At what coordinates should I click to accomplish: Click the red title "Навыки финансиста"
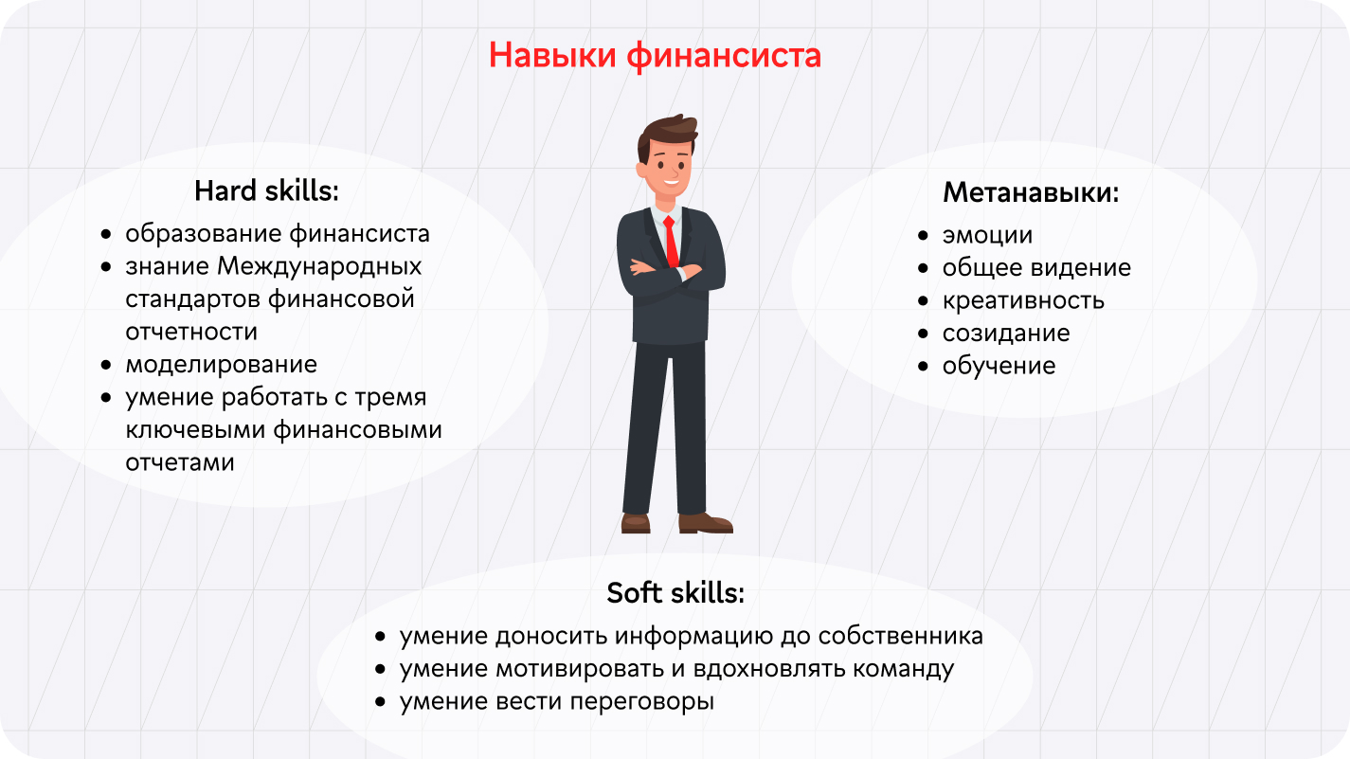pos(656,56)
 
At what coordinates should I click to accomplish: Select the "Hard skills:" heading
pos(266,191)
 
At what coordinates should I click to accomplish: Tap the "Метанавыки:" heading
pos(1031,192)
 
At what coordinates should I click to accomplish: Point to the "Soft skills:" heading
pos(675,592)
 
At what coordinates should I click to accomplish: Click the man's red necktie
pos(671,242)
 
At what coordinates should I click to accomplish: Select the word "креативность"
pos(1023,300)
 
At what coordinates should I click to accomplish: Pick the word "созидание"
pos(1006,334)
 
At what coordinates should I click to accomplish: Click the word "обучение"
pos(999,366)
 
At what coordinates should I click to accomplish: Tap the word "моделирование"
pos(221,365)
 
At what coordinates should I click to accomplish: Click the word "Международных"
pos(319,267)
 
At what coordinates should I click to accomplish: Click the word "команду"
pos(904,669)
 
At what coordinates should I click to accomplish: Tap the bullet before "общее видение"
pos(923,267)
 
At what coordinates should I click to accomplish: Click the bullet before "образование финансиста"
pos(107,234)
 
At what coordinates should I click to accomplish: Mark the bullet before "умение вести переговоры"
pos(380,702)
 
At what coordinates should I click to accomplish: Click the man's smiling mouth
pos(671,182)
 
